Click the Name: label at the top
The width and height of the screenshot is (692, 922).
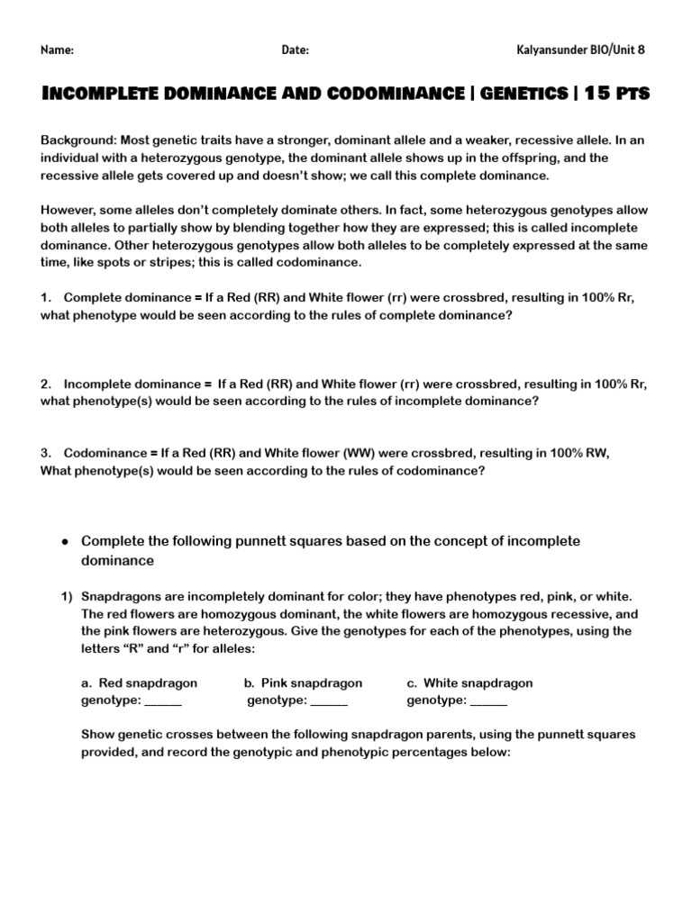pos(57,50)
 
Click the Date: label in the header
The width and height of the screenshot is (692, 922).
pos(295,50)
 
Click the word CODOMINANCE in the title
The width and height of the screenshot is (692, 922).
pos(388,95)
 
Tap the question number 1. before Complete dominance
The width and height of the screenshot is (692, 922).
pos(46,298)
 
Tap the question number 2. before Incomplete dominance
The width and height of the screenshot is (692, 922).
pos(46,384)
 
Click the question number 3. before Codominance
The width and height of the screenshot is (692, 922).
pos(46,454)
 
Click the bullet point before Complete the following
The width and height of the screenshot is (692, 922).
pos(66,541)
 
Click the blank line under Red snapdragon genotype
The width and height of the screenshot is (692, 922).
pos(163,701)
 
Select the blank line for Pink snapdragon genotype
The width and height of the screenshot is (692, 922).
pos(329,701)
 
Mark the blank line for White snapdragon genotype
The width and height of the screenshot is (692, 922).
pos(488,701)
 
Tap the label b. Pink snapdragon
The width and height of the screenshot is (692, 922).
pos(303,683)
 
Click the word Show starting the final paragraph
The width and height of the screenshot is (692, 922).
pos(96,735)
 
